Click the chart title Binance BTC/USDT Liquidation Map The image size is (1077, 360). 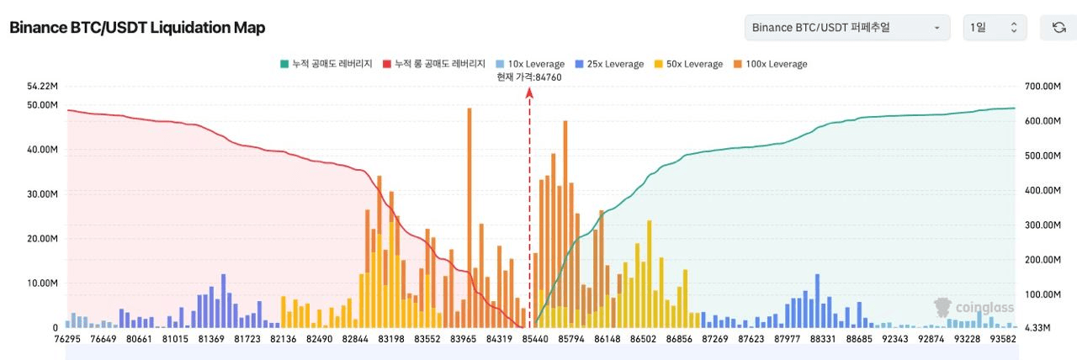[137, 28]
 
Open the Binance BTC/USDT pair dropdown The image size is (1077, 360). [846, 28]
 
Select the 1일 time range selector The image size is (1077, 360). [994, 28]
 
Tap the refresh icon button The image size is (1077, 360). [1058, 28]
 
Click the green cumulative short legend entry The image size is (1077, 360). [327, 64]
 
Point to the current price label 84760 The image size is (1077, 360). [529, 77]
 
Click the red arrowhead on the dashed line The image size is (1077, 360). [529, 94]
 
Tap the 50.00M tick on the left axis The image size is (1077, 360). [42, 105]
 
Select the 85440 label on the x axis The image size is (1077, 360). [535, 339]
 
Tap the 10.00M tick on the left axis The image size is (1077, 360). [42, 283]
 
